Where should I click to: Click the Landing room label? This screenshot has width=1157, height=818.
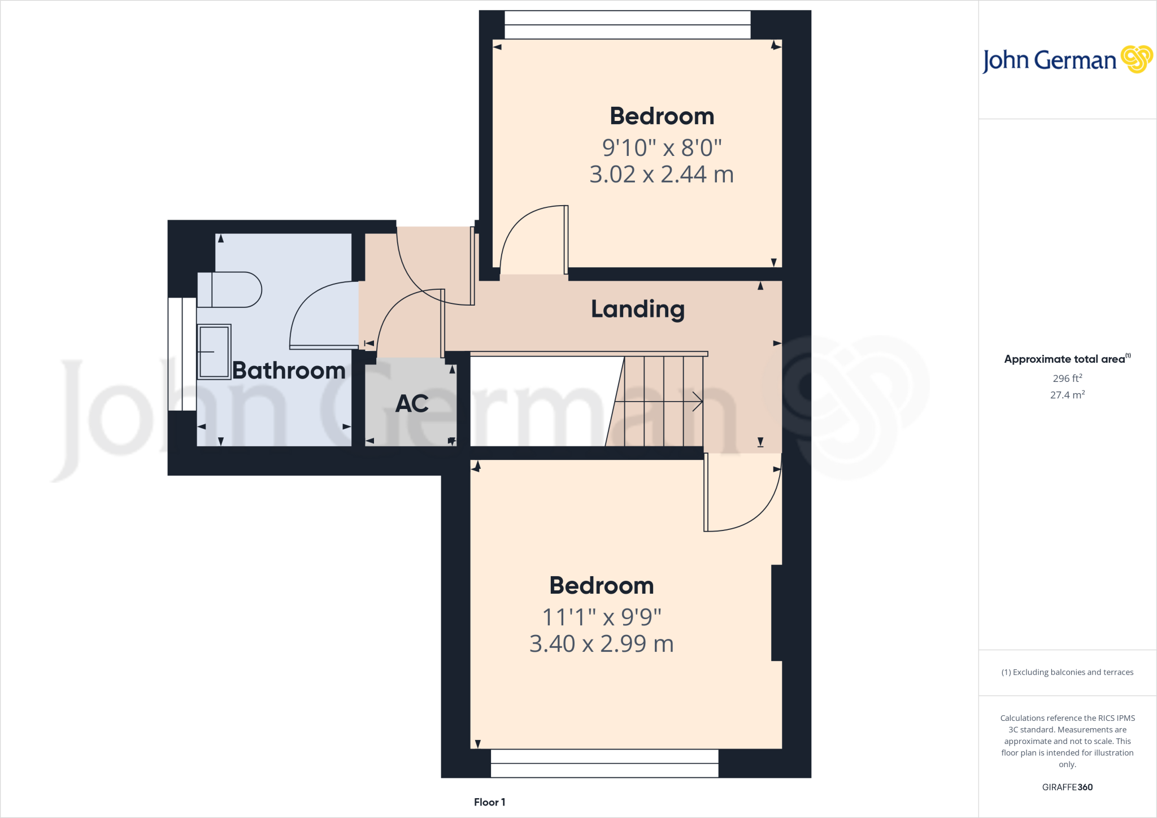[637, 310]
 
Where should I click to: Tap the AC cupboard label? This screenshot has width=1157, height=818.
[412, 403]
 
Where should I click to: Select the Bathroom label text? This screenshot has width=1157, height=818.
[289, 371]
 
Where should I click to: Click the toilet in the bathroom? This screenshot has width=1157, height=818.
[229, 290]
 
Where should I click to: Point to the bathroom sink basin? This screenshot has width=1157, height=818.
[214, 351]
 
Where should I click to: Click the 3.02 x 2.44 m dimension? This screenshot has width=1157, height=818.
[661, 175]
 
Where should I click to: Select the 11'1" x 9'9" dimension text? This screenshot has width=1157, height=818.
[602, 617]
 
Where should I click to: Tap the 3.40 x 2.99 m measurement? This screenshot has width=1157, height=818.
[602, 644]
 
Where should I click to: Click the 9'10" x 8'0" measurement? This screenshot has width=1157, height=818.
[662, 148]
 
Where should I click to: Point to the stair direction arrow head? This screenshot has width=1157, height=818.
[699, 402]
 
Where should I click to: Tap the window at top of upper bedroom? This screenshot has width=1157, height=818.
[627, 25]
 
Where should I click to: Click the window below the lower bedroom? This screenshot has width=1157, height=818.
[604, 763]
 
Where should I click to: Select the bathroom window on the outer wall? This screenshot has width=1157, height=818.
[182, 354]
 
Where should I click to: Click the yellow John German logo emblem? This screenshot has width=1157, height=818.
[1136, 59]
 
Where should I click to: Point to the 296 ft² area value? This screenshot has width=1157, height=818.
[1067, 378]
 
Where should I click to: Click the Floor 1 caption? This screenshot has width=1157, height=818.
[489, 802]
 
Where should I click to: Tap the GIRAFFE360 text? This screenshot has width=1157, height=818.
[1067, 787]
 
